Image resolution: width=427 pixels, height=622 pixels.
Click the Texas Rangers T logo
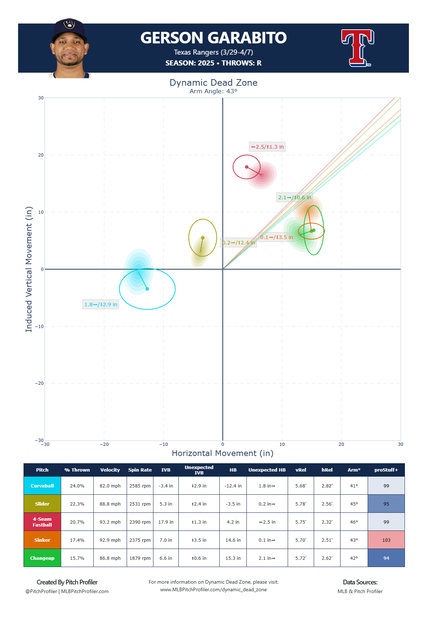point(357,48)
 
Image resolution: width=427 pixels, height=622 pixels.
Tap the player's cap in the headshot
point(69,29)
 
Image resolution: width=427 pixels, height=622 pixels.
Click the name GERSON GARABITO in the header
point(213,38)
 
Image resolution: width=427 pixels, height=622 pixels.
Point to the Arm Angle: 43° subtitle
point(213,91)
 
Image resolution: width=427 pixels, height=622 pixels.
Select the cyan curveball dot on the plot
point(147,289)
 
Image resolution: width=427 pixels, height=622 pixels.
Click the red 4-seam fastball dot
point(247,167)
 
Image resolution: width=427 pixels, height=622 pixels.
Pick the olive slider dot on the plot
point(203,238)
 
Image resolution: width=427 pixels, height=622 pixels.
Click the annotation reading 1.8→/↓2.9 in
point(101,304)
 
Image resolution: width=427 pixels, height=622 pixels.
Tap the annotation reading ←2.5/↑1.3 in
point(267,147)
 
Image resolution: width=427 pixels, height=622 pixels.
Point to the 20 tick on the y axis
point(41,155)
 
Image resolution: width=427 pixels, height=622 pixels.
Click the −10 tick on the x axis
point(163,444)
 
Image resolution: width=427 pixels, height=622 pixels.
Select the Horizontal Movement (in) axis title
point(223,453)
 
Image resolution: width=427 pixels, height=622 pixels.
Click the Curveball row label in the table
point(42,486)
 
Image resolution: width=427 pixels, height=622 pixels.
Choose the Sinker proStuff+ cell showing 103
point(386,540)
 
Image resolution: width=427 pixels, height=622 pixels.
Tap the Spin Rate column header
point(140,470)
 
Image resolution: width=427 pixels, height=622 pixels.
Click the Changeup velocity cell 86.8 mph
point(110,558)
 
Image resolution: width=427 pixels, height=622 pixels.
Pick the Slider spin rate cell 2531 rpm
point(140,504)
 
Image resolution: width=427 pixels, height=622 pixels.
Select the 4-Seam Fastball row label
point(42,522)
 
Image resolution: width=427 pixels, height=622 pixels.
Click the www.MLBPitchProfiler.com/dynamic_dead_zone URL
point(213,589)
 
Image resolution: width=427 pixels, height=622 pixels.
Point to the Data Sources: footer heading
point(360,582)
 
